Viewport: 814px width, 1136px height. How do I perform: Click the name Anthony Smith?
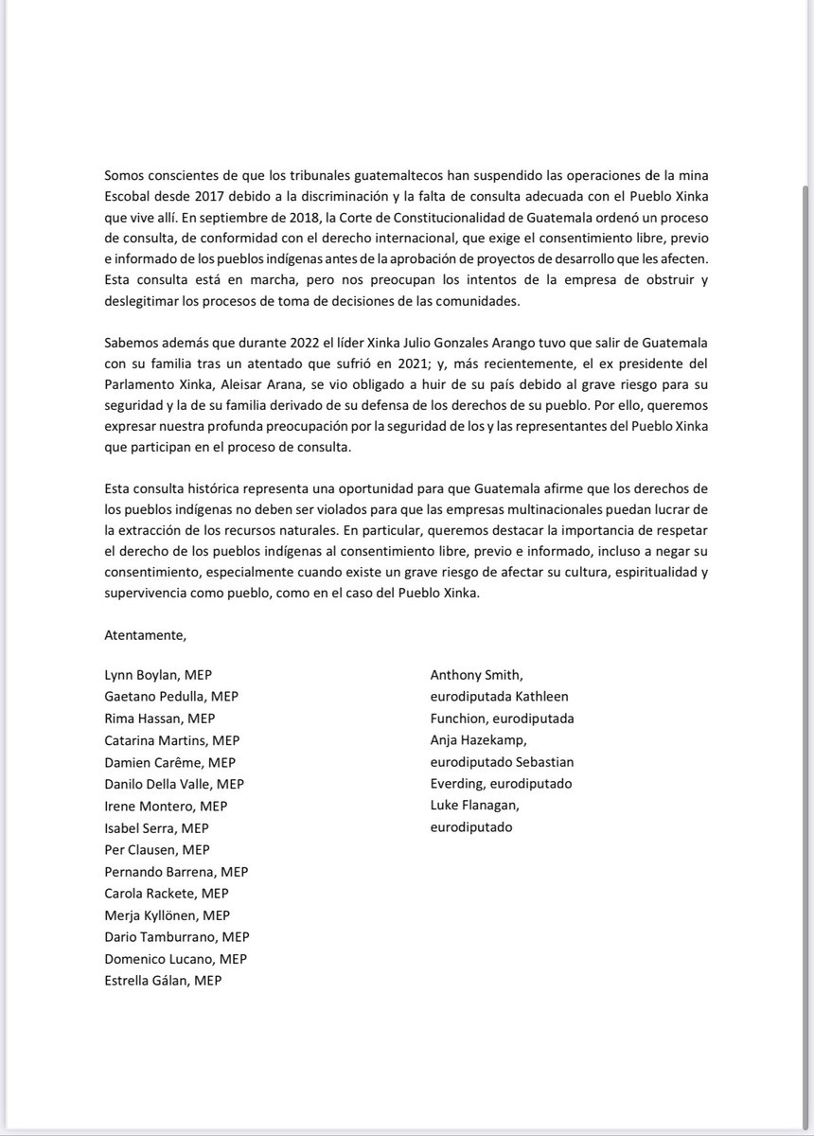[x=476, y=675]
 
